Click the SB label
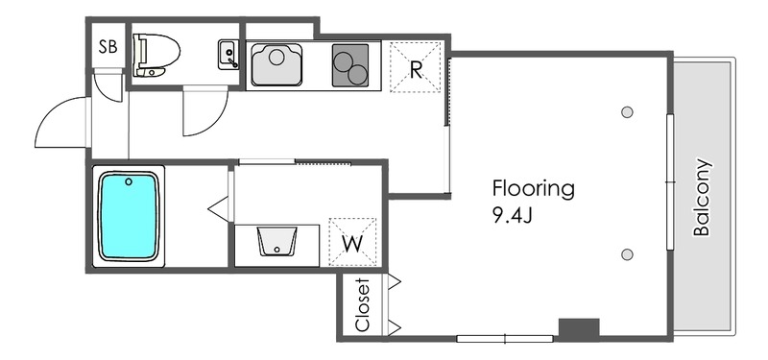(x=108, y=46)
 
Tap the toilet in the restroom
(x=156, y=56)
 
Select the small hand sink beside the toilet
(x=228, y=55)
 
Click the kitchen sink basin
(x=276, y=64)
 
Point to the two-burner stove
(x=350, y=65)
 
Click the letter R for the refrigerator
(x=416, y=70)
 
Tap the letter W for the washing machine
(x=352, y=244)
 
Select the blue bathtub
(x=129, y=216)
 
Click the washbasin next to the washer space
(x=277, y=241)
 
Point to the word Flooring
(x=533, y=189)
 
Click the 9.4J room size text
(x=512, y=216)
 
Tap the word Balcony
(x=702, y=198)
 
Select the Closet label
(x=362, y=305)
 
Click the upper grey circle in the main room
(x=627, y=112)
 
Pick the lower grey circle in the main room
(x=627, y=254)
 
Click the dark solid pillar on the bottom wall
(x=579, y=328)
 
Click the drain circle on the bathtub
(x=129, y=181)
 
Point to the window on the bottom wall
(x=505, y=339)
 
